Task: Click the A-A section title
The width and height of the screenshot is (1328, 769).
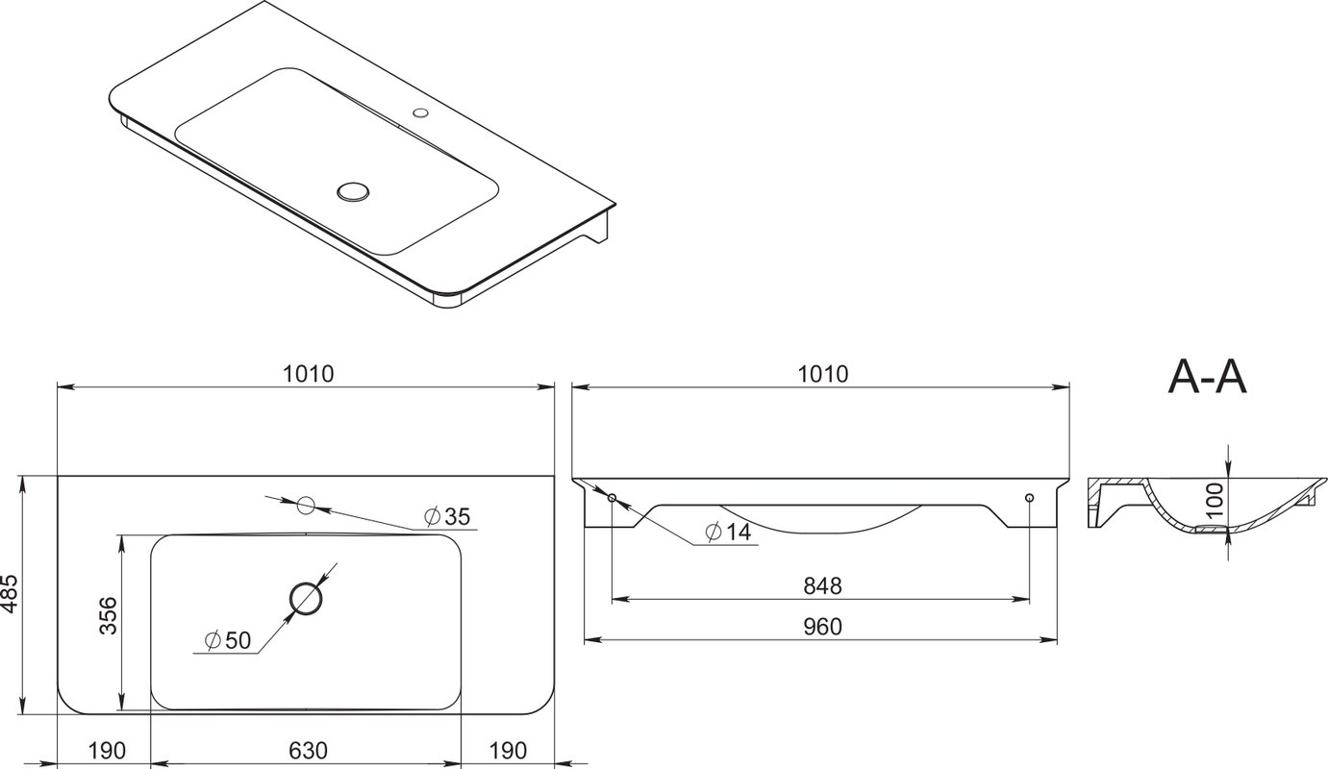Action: (1207, 377)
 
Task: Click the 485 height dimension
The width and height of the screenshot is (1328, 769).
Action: (11, 595)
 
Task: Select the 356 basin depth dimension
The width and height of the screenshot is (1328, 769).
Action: (109, 616)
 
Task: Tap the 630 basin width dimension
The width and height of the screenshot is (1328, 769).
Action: (308, 751)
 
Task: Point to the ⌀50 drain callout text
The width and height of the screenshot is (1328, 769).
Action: (228, 640)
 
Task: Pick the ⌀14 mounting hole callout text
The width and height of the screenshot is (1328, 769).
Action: (728, 532)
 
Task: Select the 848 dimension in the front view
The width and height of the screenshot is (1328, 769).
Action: (822, 586)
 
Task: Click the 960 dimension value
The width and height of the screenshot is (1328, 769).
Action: (822, 626)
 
